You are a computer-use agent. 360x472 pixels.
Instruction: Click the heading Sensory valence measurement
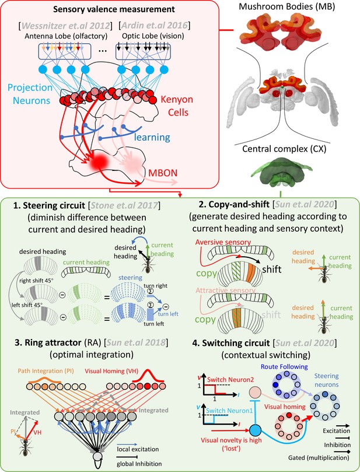(x=114, y=9)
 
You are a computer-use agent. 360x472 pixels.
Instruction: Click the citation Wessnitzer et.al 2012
(x=65, y=26)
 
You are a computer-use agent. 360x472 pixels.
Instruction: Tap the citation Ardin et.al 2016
(x=155, y=26)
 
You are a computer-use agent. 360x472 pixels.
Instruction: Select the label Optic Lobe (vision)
(x=153, y=36)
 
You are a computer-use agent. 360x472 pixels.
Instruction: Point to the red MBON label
(x=163, y=173)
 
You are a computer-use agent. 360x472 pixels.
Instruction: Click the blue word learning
(x=152, y=137)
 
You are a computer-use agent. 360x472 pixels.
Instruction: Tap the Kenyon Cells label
(x=177, y=106)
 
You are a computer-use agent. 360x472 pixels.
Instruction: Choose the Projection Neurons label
(x=30, y=93)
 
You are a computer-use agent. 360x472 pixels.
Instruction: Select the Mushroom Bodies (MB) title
(x=286, y=6)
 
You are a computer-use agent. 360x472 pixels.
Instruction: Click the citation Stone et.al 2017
(x=124, y=205)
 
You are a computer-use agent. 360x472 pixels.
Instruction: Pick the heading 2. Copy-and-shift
(x=234, y=204)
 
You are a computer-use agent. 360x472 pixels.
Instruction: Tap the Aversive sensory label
(x=223, y=242)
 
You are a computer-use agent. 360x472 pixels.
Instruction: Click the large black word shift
(x=271, y=269)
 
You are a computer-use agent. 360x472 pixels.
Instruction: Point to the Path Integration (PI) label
(x=46, y=371)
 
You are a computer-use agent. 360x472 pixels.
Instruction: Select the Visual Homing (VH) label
(x=109, y=371)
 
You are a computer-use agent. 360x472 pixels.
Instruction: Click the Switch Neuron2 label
(x=230, y=380)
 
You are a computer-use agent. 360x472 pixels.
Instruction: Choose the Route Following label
(x=284, y=366)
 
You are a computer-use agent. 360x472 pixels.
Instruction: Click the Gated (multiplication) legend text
(x=319, y=458)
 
